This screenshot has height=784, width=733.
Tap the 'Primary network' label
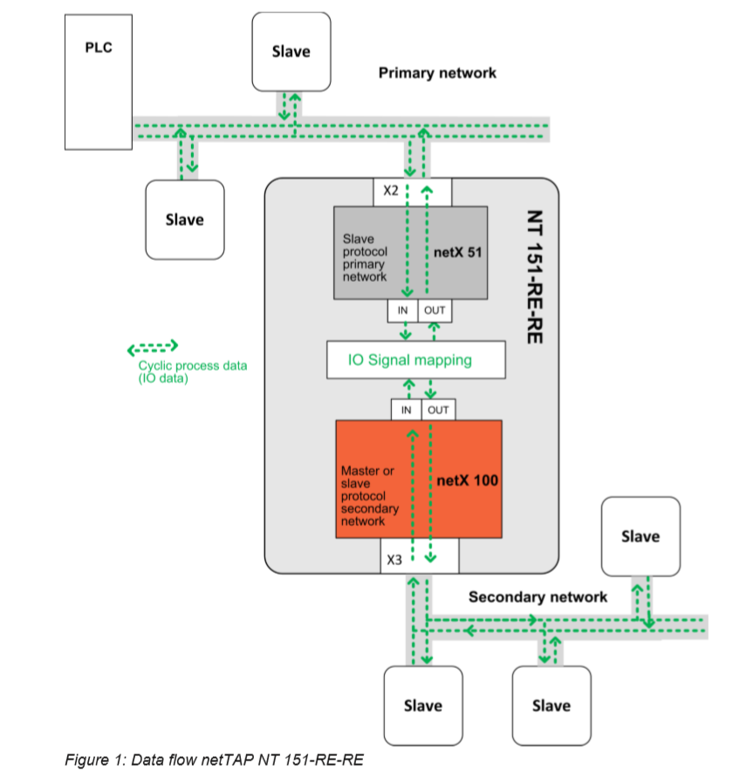[437, 73]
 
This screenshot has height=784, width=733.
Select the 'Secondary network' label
[538, 597]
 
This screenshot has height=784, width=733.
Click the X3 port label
[394, 561]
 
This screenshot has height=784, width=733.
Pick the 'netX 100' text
[467, 480]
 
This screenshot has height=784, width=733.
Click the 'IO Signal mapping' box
[416, 359]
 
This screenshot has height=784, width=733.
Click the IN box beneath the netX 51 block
[402, 310]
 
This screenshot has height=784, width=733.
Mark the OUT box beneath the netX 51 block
[434, 310]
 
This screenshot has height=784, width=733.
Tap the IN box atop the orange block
[406, 410]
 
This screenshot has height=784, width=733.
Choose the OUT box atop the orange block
[438, 410]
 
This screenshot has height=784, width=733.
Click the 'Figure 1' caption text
[214, 760]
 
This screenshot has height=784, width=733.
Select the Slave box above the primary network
[291, 51]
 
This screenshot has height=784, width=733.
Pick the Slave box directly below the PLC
[184, 220]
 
